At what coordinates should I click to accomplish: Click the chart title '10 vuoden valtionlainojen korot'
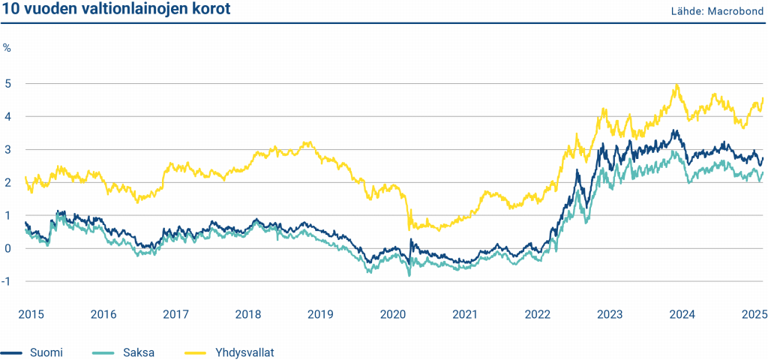[116, 10]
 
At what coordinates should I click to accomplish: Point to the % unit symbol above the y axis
[7, 48]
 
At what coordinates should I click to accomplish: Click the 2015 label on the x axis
[28, 314]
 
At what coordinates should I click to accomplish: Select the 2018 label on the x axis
[247, 314]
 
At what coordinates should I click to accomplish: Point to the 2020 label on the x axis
[392, 314]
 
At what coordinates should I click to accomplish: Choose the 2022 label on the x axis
[538, 314]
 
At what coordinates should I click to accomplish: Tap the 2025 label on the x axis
[753, 314]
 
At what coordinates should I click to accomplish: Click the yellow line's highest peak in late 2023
[677, 85]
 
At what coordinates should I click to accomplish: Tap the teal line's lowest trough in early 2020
[409, 275]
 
